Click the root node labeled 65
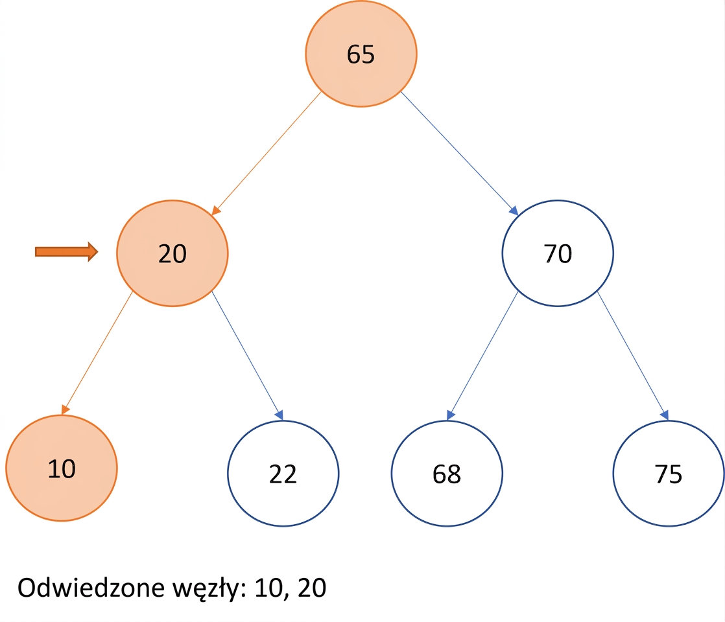[x=361, y=54]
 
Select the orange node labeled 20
[x=172, y=253]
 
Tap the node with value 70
[x=558, y=253]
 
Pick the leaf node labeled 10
[x=62, y=468]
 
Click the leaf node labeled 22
[x=283, y=473]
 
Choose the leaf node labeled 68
[x=447, y=473]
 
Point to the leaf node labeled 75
[x=669, y=473]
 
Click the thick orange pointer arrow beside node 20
[x=67, y=251]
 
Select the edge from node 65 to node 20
[x=267, y=154]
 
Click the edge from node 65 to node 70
[x=459, y=154]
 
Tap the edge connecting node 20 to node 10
[x=97, y=353]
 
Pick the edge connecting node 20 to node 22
[x=247, y=356]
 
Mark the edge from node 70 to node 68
[x=482, y=356]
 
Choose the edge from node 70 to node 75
[x=633, y=356]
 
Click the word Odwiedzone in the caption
[x=91, y=588]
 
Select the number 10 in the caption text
[x=268, y=588]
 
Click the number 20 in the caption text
[x=312, y=588]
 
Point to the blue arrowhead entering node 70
[x=514, y=211]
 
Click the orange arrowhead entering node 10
[x=65, y=409]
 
